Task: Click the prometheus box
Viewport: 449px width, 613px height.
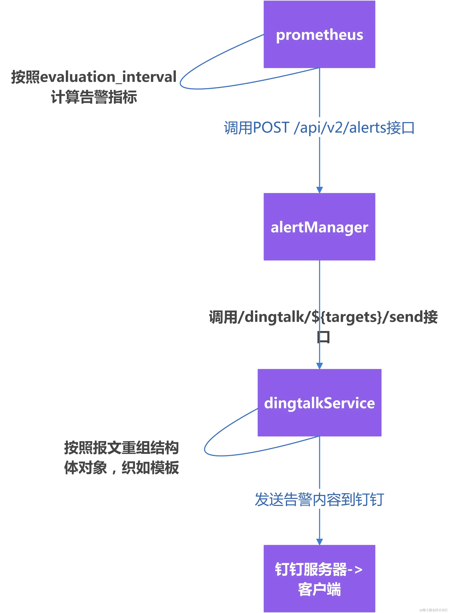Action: [x=319, y=34]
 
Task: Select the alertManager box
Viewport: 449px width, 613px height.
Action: [x=319, y=227]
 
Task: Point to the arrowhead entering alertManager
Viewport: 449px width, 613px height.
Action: [x=319, y=190]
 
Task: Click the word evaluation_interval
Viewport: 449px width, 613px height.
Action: [x=108, y=77]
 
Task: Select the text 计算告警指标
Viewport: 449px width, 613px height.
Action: [x=94, y=97]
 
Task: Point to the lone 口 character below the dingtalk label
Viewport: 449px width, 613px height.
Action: [x=323, y=337]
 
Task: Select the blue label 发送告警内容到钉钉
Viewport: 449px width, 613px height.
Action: [x=319, y=500]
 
